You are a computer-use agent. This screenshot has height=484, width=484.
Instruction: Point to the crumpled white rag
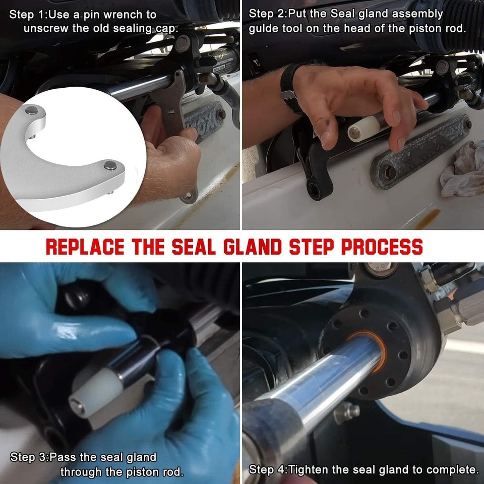tap(461, 167)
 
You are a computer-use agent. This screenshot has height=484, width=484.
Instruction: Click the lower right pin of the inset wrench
tap(109, 165)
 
